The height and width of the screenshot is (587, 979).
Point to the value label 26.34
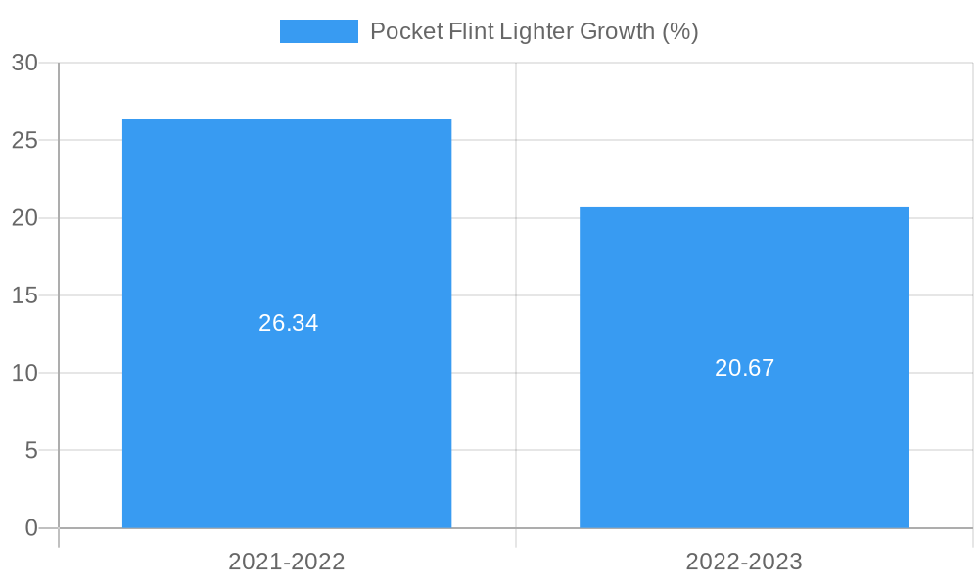288,323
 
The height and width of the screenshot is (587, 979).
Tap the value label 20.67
744,368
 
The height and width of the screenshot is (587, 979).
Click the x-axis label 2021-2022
287,562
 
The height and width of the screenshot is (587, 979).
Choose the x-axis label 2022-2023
744,562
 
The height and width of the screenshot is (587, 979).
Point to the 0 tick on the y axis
30,528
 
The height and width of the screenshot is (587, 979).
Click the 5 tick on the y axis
30,451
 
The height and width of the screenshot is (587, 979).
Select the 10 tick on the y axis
24,373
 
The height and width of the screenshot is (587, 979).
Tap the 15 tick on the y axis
24,295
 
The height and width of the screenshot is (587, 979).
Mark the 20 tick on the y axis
24,218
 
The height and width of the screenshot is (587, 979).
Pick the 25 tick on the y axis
24,140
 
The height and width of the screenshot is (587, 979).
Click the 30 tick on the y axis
24,63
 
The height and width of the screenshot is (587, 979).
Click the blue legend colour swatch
318,31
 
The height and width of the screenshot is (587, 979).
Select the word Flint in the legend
467,31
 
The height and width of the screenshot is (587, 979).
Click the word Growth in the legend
616,31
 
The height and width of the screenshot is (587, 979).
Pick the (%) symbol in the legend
680,31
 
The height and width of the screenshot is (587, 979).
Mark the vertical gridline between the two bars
516,293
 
